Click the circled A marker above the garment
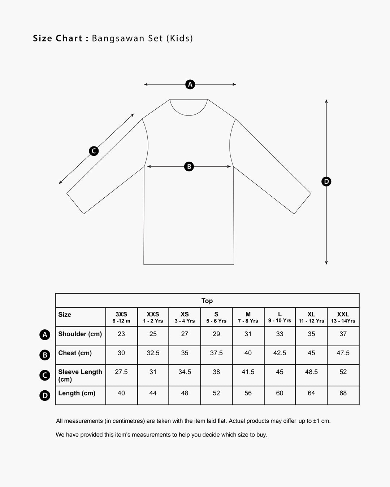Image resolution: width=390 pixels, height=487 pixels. [190, 84]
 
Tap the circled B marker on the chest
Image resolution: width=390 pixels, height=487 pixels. [189, 167]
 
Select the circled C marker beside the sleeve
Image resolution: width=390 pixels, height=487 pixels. [94, 151]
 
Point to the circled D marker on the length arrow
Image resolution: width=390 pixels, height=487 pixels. [326, 181]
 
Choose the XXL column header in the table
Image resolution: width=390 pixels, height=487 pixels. [343, 317]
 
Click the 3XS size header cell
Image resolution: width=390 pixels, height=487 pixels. [121, 317]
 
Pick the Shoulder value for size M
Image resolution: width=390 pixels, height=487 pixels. [248, 334]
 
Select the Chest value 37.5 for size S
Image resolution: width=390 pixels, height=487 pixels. [216, 353]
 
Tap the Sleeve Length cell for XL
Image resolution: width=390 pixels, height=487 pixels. [311, 372]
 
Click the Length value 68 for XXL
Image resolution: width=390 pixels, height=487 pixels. [343, 393]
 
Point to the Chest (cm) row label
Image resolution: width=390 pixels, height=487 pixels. [75, 353]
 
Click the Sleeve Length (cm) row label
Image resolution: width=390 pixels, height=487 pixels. [80, 376]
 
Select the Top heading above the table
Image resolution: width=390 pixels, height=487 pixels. [207, 301]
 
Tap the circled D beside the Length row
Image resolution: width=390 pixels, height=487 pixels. [45, 396]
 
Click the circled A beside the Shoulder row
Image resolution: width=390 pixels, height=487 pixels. [45, 335]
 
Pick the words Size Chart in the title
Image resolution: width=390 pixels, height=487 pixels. [58, 38]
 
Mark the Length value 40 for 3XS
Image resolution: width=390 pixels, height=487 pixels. [121, 393]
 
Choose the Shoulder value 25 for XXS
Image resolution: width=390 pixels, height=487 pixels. [153, 334]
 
